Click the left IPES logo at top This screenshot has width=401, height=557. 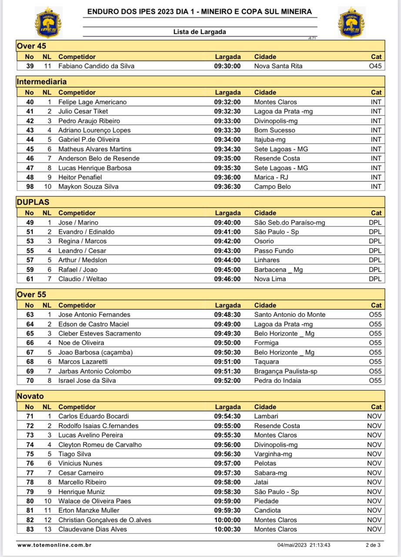pos(48,22)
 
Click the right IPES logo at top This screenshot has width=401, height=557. pos(351,22)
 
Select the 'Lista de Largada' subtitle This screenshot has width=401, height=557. pos(200,32)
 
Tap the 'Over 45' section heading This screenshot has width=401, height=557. pos(31,46)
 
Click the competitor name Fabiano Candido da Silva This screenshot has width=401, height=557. pos(96,66)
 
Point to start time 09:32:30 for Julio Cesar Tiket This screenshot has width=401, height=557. pos(227,111)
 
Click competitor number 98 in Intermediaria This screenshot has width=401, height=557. pos(30,187)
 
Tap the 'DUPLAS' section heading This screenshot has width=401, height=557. pos(33,202)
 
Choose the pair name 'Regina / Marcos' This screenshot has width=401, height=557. pos(83,241)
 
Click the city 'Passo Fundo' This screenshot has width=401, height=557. pos(274,251)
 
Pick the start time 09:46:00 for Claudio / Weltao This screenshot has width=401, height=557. pos(227,279)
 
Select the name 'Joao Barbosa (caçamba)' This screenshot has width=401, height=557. pos(95,352)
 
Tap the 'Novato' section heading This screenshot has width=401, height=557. pos(30,396)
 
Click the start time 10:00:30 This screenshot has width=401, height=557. pos(227,529)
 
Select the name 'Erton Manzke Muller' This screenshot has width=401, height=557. pos(89,510)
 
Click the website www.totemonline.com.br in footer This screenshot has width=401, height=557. pos(54,545)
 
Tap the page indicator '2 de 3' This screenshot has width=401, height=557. pos(373,545)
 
